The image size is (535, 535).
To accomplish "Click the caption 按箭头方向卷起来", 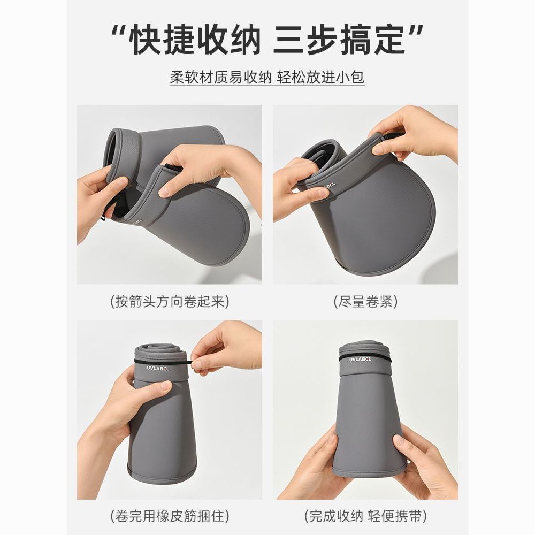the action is pos(170,302).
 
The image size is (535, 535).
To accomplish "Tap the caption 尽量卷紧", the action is pos(365,302).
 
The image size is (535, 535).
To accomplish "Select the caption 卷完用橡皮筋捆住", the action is pos(170,516).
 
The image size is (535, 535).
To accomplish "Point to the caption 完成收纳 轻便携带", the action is pos(365,516).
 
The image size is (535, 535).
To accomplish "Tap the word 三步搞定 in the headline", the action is pos(339,40).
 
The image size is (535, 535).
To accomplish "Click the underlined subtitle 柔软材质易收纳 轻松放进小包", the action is pos(267,78).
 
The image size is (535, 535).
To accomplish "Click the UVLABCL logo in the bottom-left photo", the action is pos(160,368).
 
